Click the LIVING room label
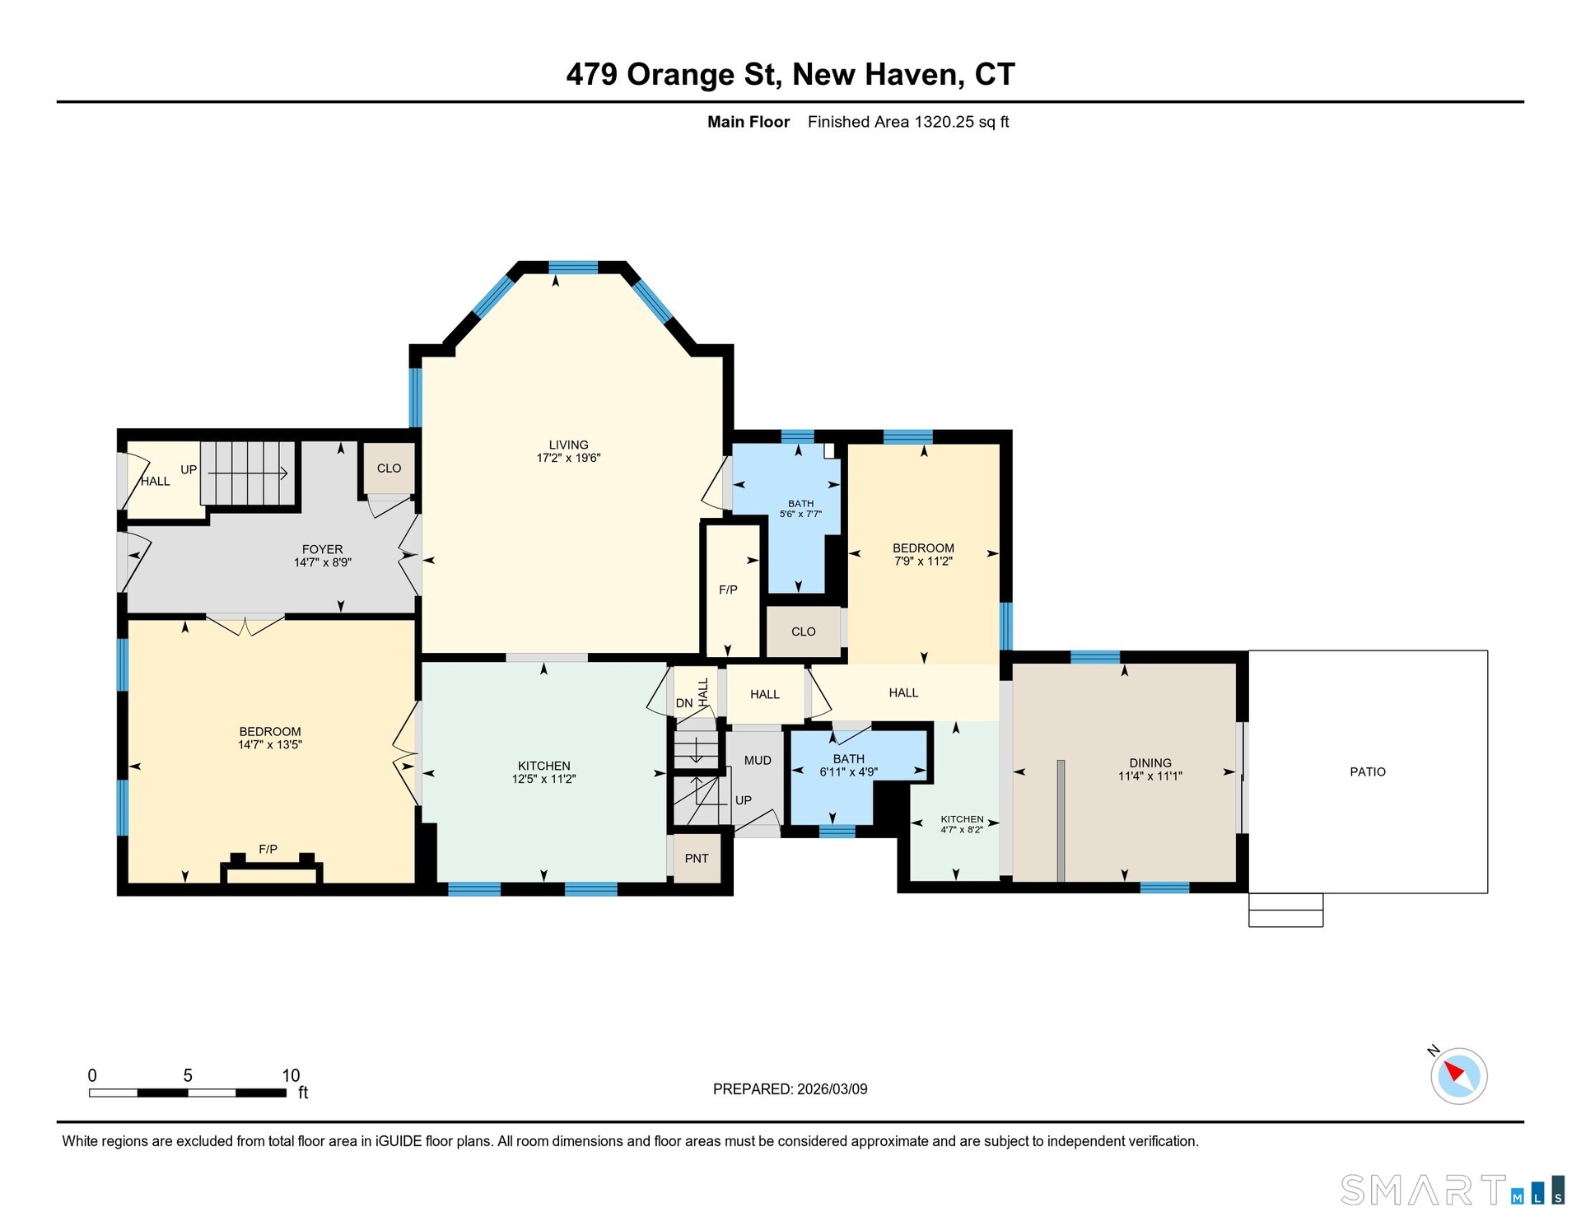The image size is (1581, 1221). point(568,445)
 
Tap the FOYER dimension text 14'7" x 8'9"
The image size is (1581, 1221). point(323,562)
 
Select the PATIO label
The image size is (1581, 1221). point(1368,771)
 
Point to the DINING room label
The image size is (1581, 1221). point(1150,762)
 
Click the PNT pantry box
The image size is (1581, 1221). point(697,858)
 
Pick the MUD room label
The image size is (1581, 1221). point(758,760)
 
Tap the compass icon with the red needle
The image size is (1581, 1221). point(1458,1075)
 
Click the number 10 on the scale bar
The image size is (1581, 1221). point(291,1075)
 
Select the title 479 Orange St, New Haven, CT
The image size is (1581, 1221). point(790,74)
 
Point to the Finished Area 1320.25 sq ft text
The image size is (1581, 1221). point(908,122)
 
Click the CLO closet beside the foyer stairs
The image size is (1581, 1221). point(389,468)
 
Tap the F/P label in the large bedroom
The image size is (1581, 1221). point(268,849)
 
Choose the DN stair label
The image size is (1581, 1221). point(684,703)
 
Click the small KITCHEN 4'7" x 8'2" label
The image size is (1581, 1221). point(962,824)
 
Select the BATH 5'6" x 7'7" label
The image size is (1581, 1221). point(800,509)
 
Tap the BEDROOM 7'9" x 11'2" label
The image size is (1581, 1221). point(923,554)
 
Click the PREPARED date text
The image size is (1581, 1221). point(790,1089)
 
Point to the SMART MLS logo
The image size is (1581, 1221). point(1453,1190)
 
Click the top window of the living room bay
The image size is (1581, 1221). point(573,267)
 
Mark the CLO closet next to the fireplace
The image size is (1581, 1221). point(804,631)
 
